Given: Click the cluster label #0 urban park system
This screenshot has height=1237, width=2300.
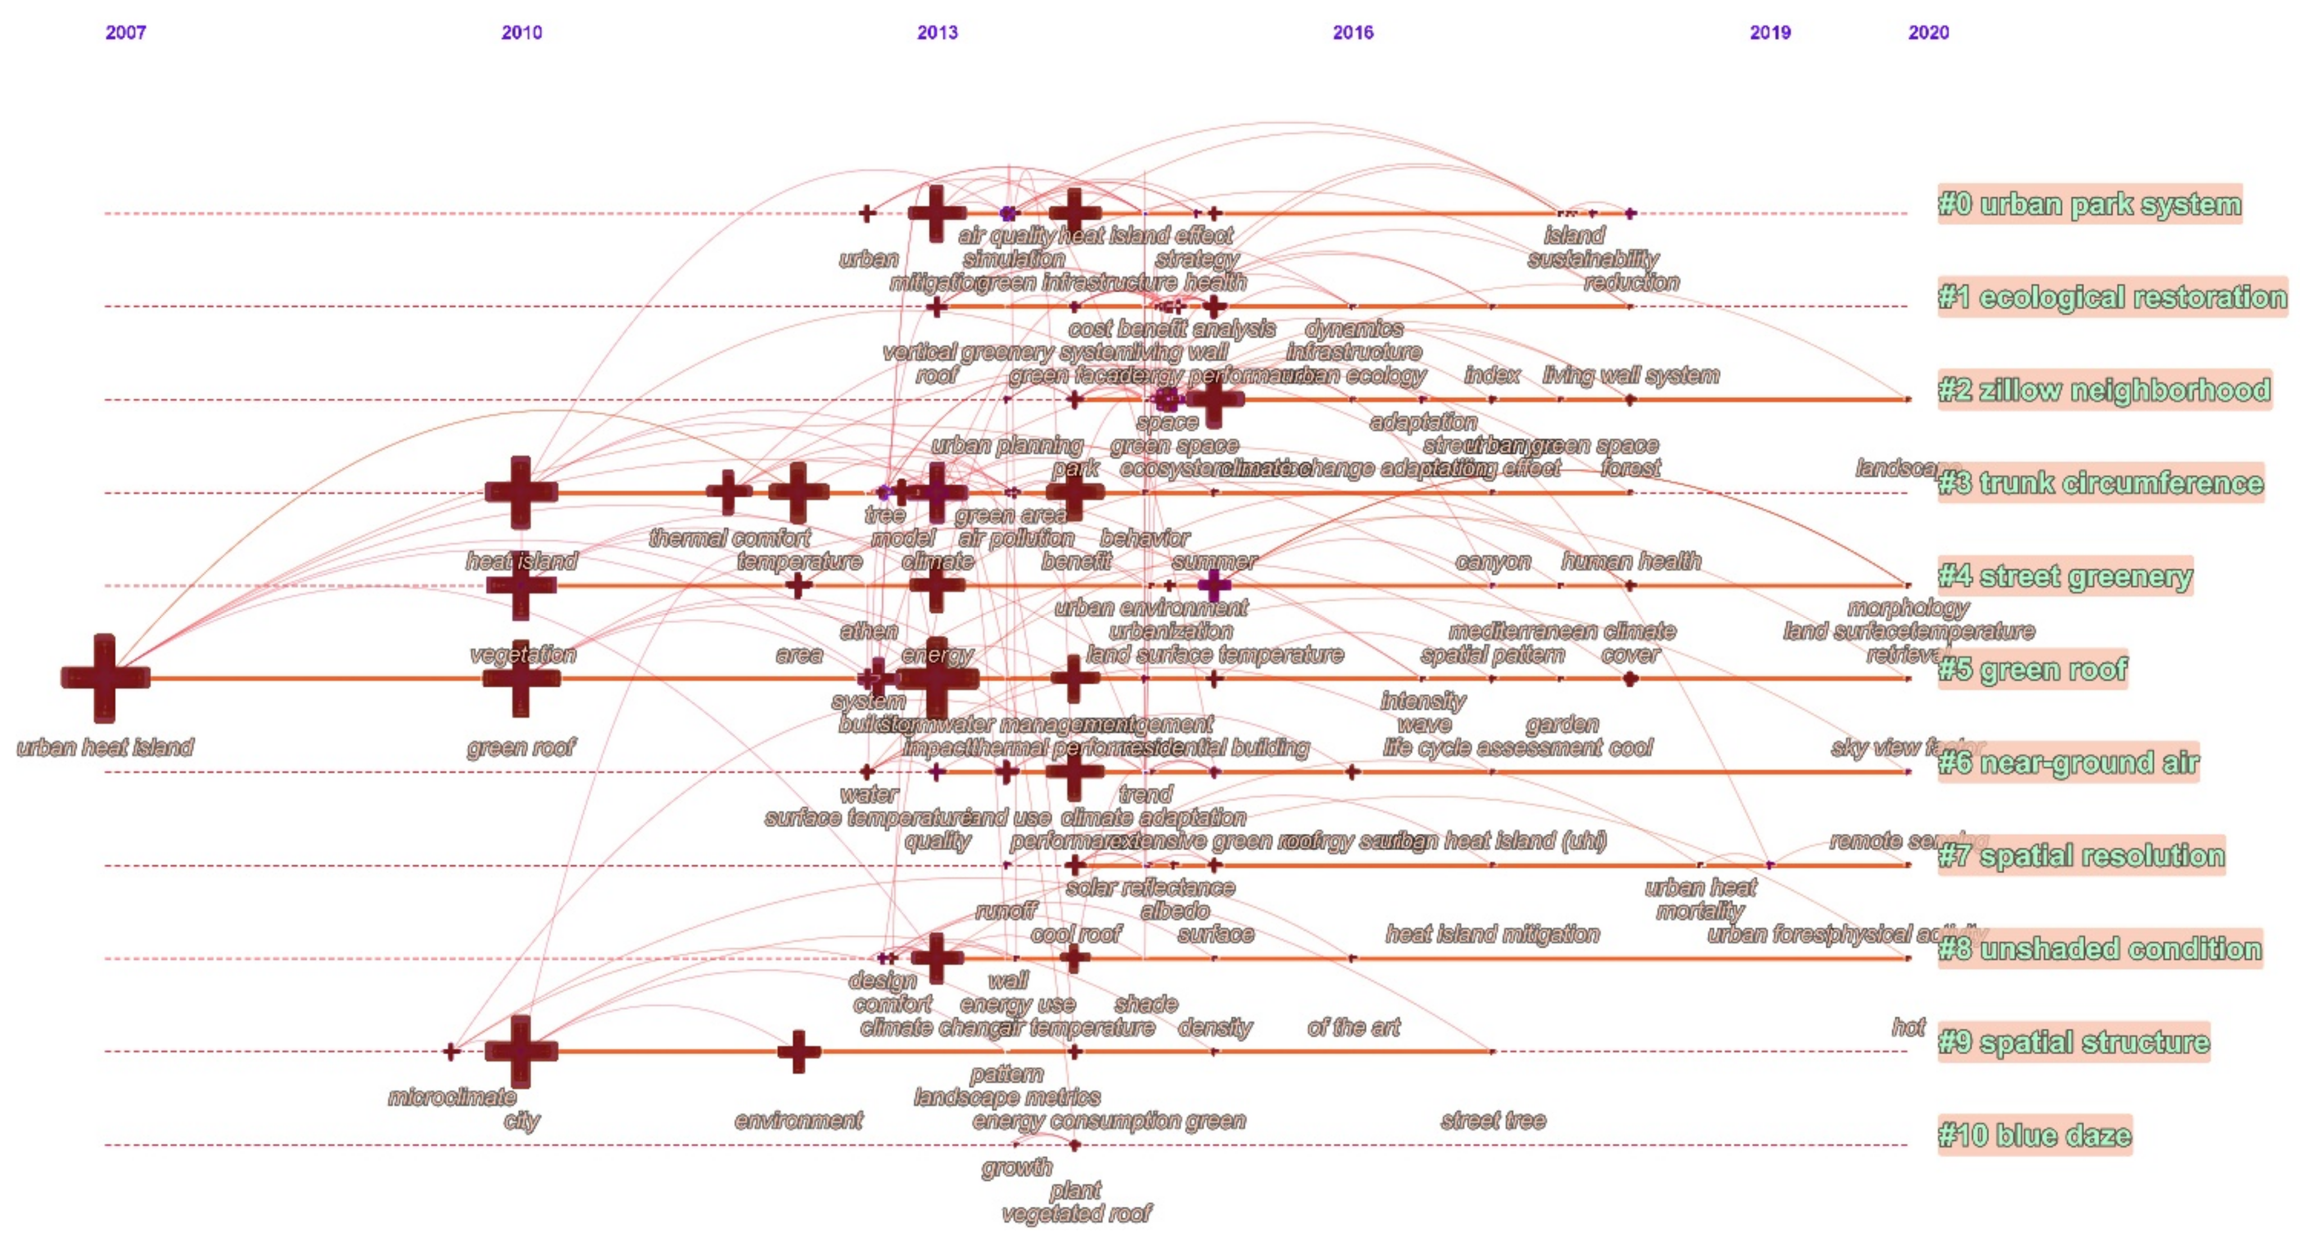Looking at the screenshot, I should click(x=2089, y=205).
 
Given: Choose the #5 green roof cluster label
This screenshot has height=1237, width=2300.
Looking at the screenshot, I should click(x=2032, y=670).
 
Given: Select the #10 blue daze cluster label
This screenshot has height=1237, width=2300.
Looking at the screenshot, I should click(x=2034, y=1135).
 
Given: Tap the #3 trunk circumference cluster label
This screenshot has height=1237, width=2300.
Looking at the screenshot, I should click(x=2100, y=483).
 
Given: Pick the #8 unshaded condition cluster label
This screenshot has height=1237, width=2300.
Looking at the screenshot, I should click(x=2099, y=949).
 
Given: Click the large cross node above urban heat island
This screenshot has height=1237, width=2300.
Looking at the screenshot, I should click(x=105, y=678).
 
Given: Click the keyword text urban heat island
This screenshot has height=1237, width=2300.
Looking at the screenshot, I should click(x=105, y=748).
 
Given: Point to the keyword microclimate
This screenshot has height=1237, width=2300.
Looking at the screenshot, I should click(x=452, y=1098).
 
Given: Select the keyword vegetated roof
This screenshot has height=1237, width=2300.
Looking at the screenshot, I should click(x=1076, y=1214).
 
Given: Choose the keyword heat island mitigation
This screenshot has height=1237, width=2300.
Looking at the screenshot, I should click(x=1492, y=935).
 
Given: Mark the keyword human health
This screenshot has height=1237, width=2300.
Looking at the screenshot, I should click(x=1630, y=562).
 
